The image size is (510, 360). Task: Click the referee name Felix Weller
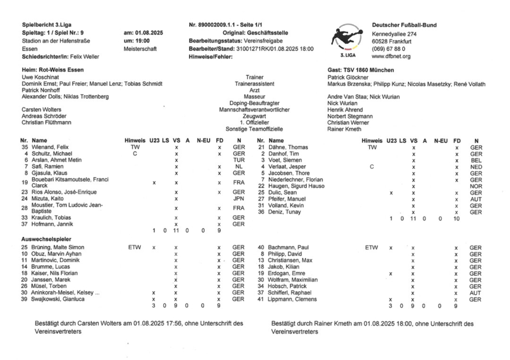(x=82, y=57)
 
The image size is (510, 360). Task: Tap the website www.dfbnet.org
(x=391, y=57)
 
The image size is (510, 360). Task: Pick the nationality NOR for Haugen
(x=476, y=186)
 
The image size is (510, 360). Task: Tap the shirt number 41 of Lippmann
(x=261, y=299)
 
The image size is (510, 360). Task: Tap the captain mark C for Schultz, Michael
(x=135, y=154)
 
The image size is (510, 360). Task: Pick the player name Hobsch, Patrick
(x=290, y=286)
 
